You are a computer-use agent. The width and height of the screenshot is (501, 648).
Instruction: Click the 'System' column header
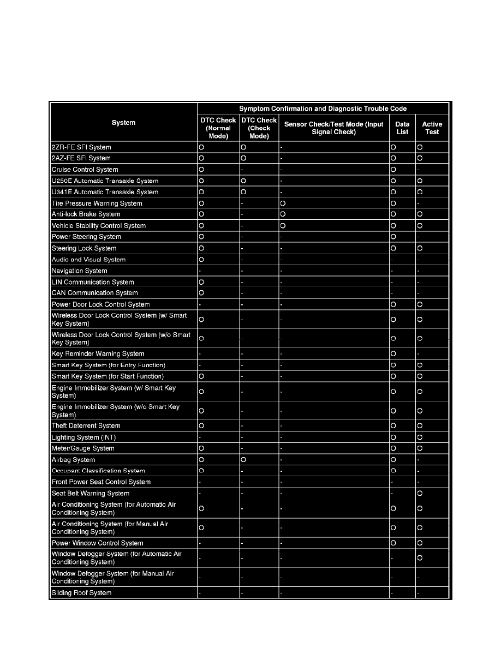123,123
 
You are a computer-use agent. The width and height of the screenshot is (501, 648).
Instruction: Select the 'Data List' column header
402,128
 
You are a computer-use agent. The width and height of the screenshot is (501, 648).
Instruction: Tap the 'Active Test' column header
432,128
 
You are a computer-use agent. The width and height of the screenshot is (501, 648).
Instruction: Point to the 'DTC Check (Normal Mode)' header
218,128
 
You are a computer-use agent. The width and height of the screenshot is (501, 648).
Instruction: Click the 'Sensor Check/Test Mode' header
333,128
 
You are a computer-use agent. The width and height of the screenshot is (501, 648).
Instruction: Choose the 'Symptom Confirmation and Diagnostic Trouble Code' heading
323,109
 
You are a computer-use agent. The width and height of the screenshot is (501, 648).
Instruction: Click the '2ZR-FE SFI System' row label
80,147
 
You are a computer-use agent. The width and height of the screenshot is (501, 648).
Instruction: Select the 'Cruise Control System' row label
85,170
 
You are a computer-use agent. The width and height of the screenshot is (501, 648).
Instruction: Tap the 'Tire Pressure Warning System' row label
97,203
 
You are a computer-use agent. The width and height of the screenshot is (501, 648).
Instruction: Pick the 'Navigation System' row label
79,271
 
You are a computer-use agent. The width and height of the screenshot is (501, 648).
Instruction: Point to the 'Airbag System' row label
73,460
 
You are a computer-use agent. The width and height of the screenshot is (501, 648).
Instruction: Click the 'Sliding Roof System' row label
81,593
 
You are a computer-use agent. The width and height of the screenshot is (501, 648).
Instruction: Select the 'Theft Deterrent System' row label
86,426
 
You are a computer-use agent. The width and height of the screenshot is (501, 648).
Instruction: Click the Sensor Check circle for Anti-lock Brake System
283,214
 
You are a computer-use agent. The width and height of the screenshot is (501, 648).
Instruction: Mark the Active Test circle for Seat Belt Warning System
419,494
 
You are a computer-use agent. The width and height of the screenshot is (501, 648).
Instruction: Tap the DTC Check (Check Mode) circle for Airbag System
243,460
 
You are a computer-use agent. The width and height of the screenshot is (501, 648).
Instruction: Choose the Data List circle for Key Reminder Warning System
393,354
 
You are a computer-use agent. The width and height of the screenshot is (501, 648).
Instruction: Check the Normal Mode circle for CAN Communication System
201,293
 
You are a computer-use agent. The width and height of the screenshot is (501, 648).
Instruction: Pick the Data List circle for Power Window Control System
393,543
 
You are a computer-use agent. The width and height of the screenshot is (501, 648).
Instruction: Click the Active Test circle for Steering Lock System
419,248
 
